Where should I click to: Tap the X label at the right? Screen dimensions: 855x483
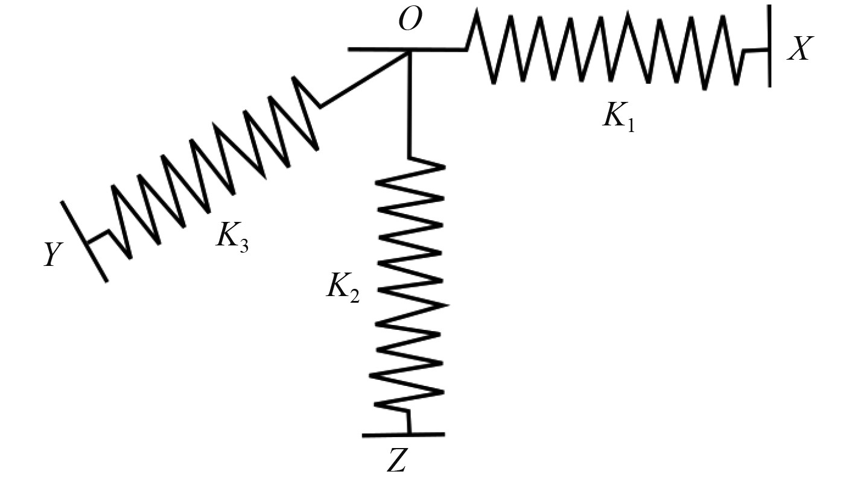pyautogui.click(x=801, y=49)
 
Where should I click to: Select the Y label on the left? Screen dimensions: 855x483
pyautogui.click(x=54, y=256)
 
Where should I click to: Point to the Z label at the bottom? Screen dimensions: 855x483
pyautogui.click(x=399, y=461)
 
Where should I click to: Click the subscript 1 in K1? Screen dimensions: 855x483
pyautogui.click(x=631, y=125)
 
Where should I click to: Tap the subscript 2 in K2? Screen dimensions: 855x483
pyautogui.click(x=355, y=295)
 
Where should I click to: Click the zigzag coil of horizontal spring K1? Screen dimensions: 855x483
pyautogui.click(x=609, y=51)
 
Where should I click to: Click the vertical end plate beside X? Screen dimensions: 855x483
pyautogui.click(x=769, y=46)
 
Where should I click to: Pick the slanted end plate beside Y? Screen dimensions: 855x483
pyautogui.click(x=84, y=241)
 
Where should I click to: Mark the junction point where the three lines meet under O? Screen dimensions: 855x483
pyautogui.click(x=410, y=51)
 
